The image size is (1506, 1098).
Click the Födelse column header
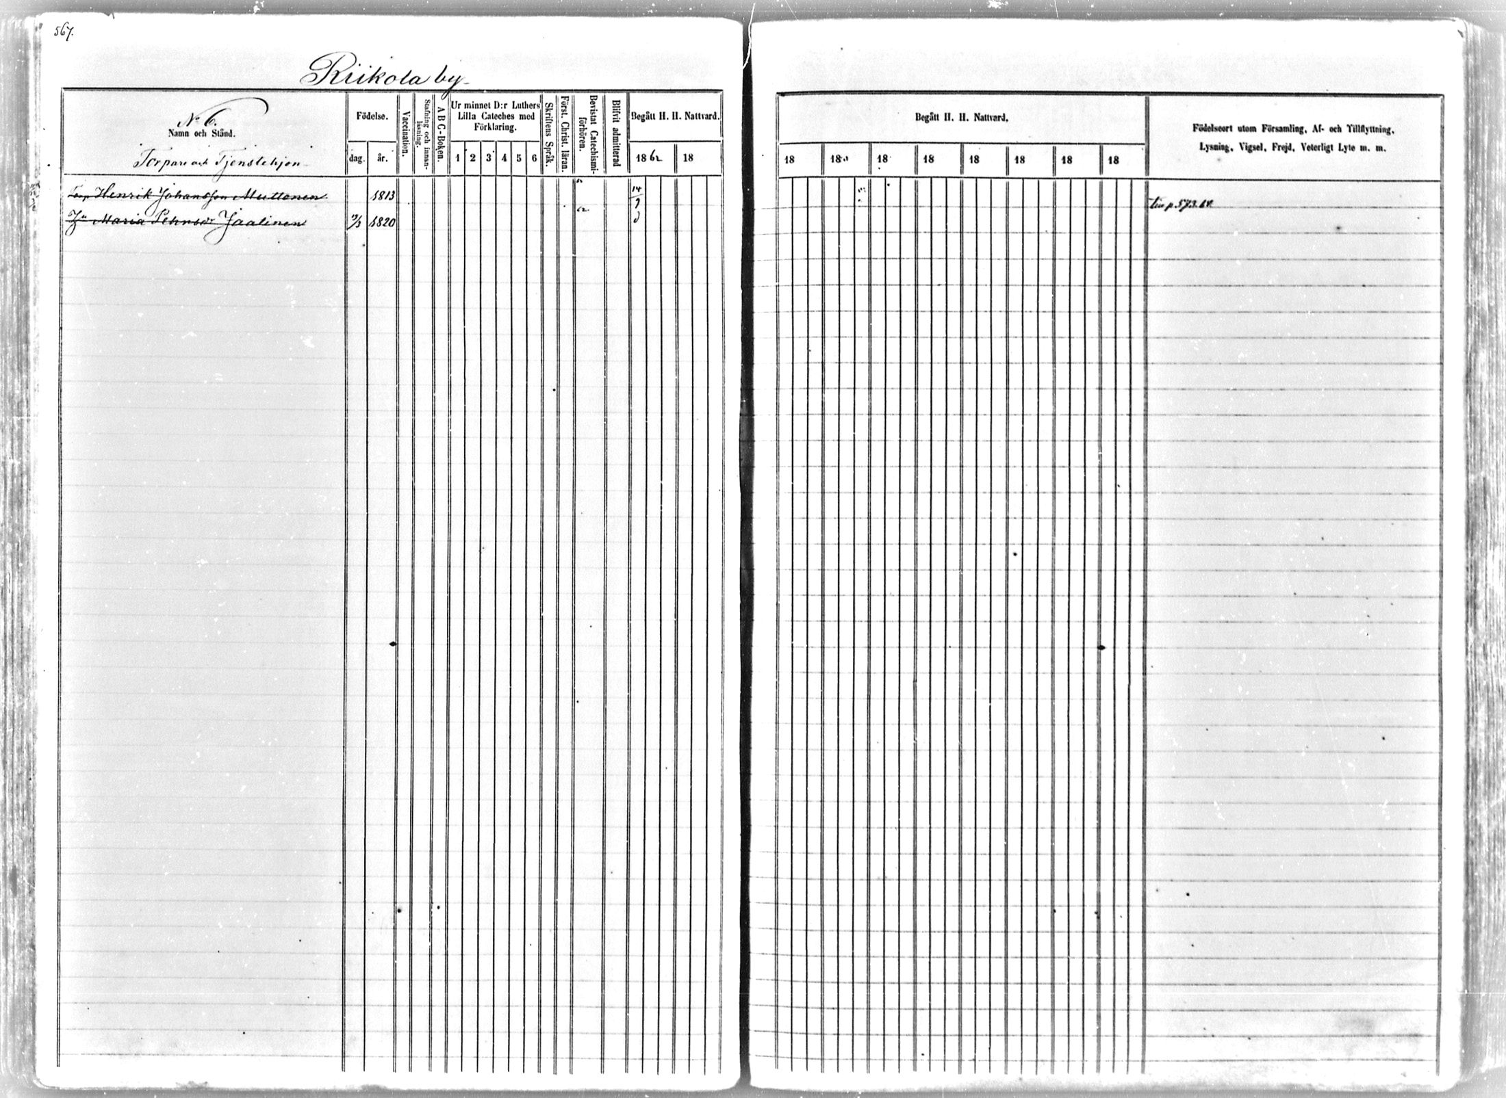click(x=372, y=116)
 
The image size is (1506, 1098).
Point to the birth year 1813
click(x=381, y=194)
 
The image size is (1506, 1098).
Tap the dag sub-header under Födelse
click(x=355, y=157)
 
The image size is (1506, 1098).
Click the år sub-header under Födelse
click(x=381, y=157)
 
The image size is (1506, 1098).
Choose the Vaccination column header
click(x=405, y=134)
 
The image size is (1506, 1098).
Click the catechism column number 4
click(x=504, y=158)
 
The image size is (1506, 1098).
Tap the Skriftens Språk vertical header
click(x=549, y=134)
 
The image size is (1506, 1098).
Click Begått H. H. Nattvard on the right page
click(x=962, y=118)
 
